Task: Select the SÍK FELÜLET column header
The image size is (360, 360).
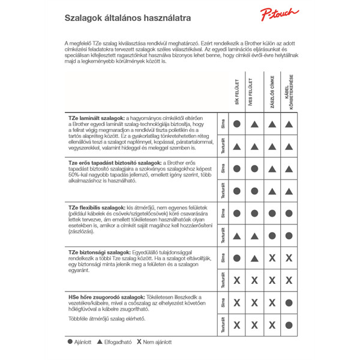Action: tap(237, 92)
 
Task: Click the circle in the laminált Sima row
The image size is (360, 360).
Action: tap(237, 124)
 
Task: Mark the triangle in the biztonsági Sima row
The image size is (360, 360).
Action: tap(254, 258)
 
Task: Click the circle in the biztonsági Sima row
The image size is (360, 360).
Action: tap(237, 258)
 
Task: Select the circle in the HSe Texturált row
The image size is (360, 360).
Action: tap(289, 325)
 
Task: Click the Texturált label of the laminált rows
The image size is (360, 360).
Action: tap(223, 146)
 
